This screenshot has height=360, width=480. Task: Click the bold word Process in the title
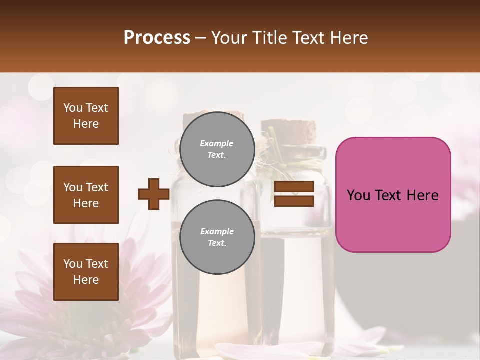click(x=157, y=37)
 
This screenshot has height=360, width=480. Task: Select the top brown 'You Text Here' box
click(x=86, y=116)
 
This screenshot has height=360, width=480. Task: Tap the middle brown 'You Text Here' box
click(x=86, y=195)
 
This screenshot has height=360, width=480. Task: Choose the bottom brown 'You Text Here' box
click(x=86, y=272)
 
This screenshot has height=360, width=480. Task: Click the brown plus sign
click(x=153, y=194)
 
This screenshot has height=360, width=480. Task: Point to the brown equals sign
click(x=294, y=194)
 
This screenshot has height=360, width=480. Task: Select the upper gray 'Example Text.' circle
click(x=217, y=149)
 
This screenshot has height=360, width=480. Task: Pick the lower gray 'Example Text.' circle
click(x=217, y=237)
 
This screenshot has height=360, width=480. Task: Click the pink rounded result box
click(x=393, y=195)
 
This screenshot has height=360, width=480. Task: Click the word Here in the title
click(x=349, y=37)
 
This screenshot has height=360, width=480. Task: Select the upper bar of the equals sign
click(x=294, y=187)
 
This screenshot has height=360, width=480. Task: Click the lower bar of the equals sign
click(x=294, y=201)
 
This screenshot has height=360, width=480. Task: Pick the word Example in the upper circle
click(x=217, y=143)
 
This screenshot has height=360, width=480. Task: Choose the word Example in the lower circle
click(x=217, y=231)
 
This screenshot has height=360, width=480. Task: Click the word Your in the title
click(x=227, y=37)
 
